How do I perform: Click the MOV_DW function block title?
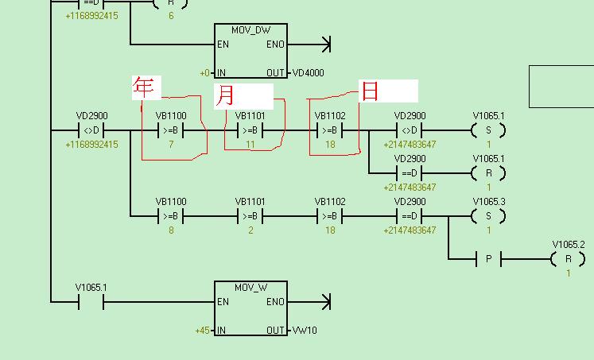tap(250, 29)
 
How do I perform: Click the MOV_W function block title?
tap(250, 287)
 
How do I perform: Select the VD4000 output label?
tap(308, 73)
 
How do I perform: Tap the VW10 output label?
tap(304, 331)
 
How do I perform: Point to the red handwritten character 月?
tap(226, 95)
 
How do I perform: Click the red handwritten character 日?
tap(370, 91)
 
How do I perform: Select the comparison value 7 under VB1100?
tap(171, 145)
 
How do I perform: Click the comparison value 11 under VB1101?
tap(250, 145)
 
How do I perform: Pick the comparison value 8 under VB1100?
tap(171, 230)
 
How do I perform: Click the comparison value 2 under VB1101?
tap(250, 230)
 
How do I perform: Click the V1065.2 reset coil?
tap(568, 259)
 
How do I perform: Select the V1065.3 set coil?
tap(488, 216)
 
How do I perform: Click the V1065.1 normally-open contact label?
tap(91, 288)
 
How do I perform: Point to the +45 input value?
tap(203, 331)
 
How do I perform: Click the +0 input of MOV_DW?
tap(205, 73)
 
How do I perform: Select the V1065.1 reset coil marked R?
tap(488, 173)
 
